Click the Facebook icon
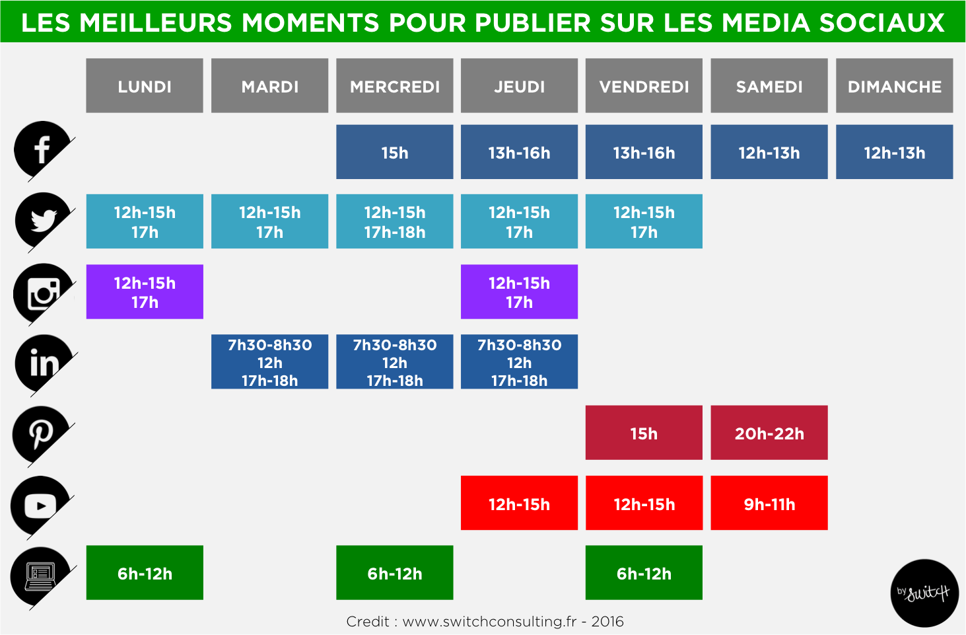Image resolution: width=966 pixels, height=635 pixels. tap(42, 149)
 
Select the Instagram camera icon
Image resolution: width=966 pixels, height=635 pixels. tap(43, 293)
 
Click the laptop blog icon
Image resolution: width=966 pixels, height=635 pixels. tap(40, 576)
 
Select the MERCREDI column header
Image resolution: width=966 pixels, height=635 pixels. tap(394, 86)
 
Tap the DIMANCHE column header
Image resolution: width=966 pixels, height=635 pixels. tap(894, 86)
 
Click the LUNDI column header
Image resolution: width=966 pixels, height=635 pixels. tap(145, 86)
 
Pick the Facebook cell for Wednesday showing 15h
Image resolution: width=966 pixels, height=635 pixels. tap(394, 152)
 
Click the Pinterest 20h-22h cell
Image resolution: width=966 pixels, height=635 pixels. tap(769, 433)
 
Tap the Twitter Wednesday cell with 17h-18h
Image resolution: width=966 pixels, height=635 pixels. tap(394, 221)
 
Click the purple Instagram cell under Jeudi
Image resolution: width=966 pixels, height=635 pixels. tap(519, 292)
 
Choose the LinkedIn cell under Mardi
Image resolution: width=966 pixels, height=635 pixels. tap(269, 361)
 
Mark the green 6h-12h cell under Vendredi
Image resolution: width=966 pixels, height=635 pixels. tap(644, 573)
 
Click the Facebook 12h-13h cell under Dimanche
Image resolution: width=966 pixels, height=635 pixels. tap(894, 152)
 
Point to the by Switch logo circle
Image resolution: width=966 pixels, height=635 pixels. tap(924, 593)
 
